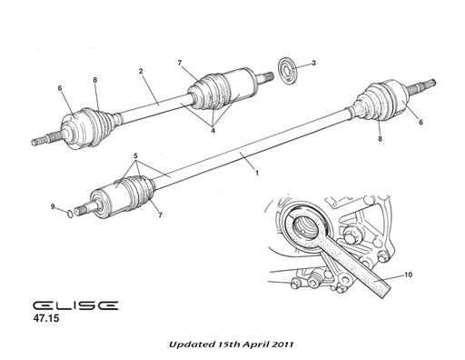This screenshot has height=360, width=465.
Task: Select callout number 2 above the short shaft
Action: [x=141, y=71]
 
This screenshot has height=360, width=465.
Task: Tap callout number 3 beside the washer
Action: [x=313, y=63]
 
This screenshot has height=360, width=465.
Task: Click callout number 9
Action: [x=53, y=207]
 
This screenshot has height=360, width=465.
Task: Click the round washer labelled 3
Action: [x=286, y=69]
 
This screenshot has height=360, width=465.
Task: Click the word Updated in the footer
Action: [x=192, y=345]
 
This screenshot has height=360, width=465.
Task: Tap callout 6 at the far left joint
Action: [x=60, y=87]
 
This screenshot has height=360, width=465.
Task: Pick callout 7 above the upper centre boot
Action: [x=181, y=62]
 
